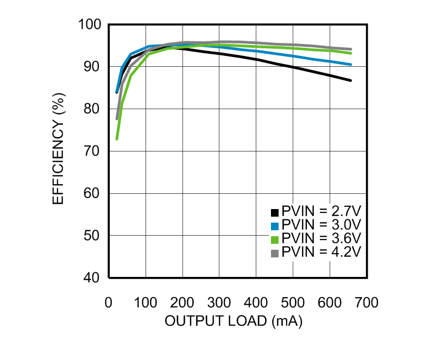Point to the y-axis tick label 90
pyautogui.click(x=92, y=67)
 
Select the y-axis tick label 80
pyautogui.click(x=92, y=109)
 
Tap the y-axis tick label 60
pyautogui.click(x=92, y=193)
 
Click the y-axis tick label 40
pyautogui.click(x=92, y=278)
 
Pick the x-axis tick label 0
pyautogui.click(x=109, y=302)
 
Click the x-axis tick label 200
pyautogui.click(x=182, y=302)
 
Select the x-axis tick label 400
pyautogui.click(x=256, y=302)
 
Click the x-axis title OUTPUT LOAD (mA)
pyautogui.click(x=234, y=321)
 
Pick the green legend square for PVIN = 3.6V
pyautogui.click(x=275, y=239)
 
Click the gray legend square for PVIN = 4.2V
pyautogui.click(x=275, y=253)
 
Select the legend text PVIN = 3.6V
pyautogui.click(x=321, y=239)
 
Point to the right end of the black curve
pyautogui.click(x=351, y=80)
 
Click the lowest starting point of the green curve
pyautogui.click(x=117, y=139)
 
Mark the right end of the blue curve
pyautogui.click(x=351, y=65)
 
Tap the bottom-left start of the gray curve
pyautogui.click(x=117, y=118)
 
